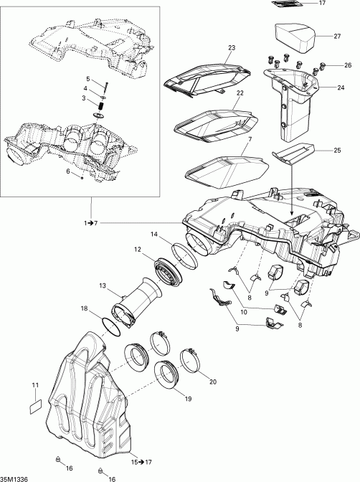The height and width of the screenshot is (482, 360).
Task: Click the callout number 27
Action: coord(337,35)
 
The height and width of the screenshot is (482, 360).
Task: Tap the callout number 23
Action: coord(231,48)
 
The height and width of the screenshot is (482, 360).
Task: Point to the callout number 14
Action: coord(154,234)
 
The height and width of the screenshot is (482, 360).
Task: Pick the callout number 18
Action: coord(85,309)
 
